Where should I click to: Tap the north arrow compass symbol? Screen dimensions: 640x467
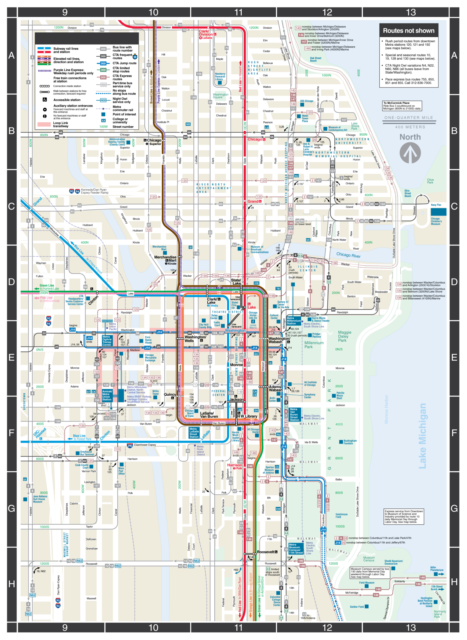[410, 153]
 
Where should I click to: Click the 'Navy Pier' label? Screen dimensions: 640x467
[436, 205]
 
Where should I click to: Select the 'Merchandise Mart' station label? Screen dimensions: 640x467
[165, 259]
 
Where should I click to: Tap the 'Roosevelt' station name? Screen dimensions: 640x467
[265, 552]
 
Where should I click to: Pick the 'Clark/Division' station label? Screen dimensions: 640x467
[206, 33]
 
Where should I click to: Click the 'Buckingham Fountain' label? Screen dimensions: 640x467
[350, 442]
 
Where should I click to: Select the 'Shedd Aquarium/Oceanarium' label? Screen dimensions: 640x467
[393, 562]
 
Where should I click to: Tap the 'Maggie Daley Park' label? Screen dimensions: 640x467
[344, 336]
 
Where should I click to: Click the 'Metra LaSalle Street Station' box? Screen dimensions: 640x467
[194, 432]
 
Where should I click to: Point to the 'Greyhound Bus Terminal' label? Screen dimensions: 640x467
[87, 453]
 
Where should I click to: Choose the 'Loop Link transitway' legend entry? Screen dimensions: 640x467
[61, 124]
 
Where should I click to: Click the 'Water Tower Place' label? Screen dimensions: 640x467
[305, 118]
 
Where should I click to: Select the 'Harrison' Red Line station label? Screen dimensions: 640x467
[234, 465]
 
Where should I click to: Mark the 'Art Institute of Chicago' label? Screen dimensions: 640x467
[310, 383]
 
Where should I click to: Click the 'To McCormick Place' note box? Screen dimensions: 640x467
[402, 106]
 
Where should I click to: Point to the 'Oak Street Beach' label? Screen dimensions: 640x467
[315, 59]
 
